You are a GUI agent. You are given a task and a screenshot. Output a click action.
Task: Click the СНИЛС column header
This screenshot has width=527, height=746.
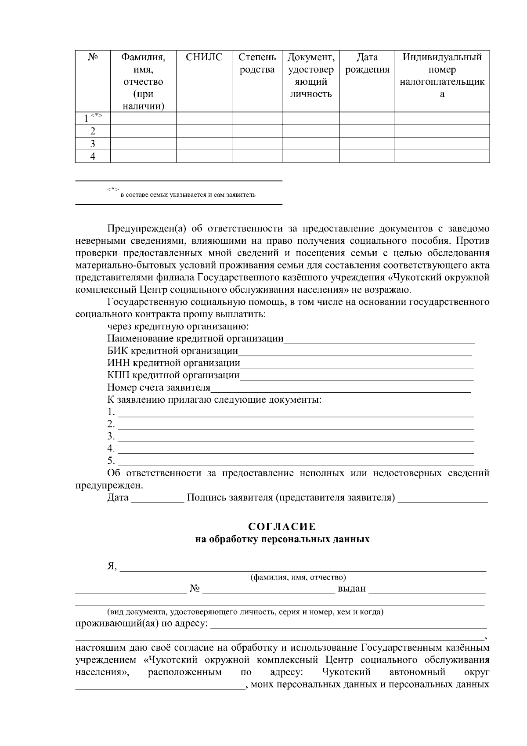pos(204,57)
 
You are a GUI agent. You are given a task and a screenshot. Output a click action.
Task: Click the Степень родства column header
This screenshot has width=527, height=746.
pos(257,63)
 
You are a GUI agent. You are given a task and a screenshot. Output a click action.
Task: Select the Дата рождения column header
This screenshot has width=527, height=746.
pos(367,63)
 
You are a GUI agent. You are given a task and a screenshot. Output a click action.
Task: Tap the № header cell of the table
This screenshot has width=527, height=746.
pos(93,57)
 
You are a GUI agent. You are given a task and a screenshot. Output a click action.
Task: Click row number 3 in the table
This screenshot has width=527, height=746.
pos(93,144)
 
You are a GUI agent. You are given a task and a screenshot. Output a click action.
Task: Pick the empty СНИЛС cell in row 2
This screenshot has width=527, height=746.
pos(204,131)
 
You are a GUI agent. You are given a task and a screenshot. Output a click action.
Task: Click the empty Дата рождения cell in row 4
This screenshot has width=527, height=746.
pos(367,156)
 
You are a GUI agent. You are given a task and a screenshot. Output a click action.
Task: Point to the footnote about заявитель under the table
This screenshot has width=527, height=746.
pos(188,195)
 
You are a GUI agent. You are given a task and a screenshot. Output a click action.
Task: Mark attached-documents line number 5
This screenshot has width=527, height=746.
pos(296,462)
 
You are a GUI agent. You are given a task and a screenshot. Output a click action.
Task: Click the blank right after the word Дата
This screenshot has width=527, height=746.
pos(158,499)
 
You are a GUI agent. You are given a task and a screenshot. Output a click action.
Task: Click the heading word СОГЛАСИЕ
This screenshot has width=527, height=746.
pos(282,526)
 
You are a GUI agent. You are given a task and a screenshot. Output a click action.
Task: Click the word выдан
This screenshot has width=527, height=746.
pos(351,589)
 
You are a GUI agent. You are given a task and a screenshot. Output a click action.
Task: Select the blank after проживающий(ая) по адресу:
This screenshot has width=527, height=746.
pos(349,625)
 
